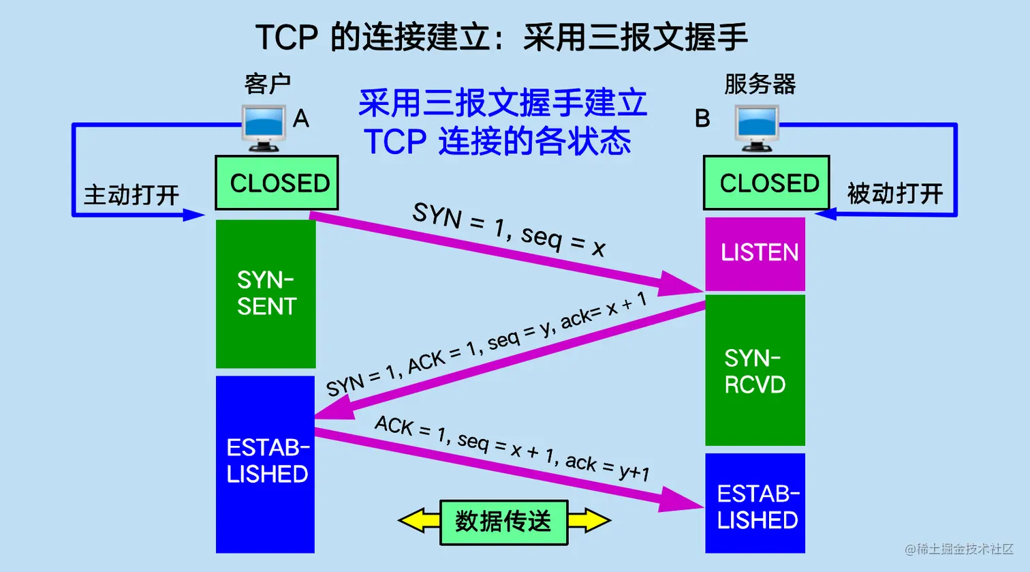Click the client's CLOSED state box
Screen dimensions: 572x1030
point(277,183)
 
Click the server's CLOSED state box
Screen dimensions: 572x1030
point(766,183)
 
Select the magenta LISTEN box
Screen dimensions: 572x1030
point(755,254)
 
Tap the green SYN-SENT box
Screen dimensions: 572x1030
point(266,293)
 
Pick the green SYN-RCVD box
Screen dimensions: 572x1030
point(755,371)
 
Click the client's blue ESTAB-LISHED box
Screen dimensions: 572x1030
point(266,464)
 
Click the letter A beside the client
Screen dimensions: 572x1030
point(301,119)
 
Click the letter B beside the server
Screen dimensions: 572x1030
point(702,119)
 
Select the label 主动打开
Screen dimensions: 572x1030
point(131,196)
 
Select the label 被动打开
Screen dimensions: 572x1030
point(895,194)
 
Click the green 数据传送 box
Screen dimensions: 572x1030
point(503,522)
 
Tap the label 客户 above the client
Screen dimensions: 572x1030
point(267,85)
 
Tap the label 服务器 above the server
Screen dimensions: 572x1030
point(760,85)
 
